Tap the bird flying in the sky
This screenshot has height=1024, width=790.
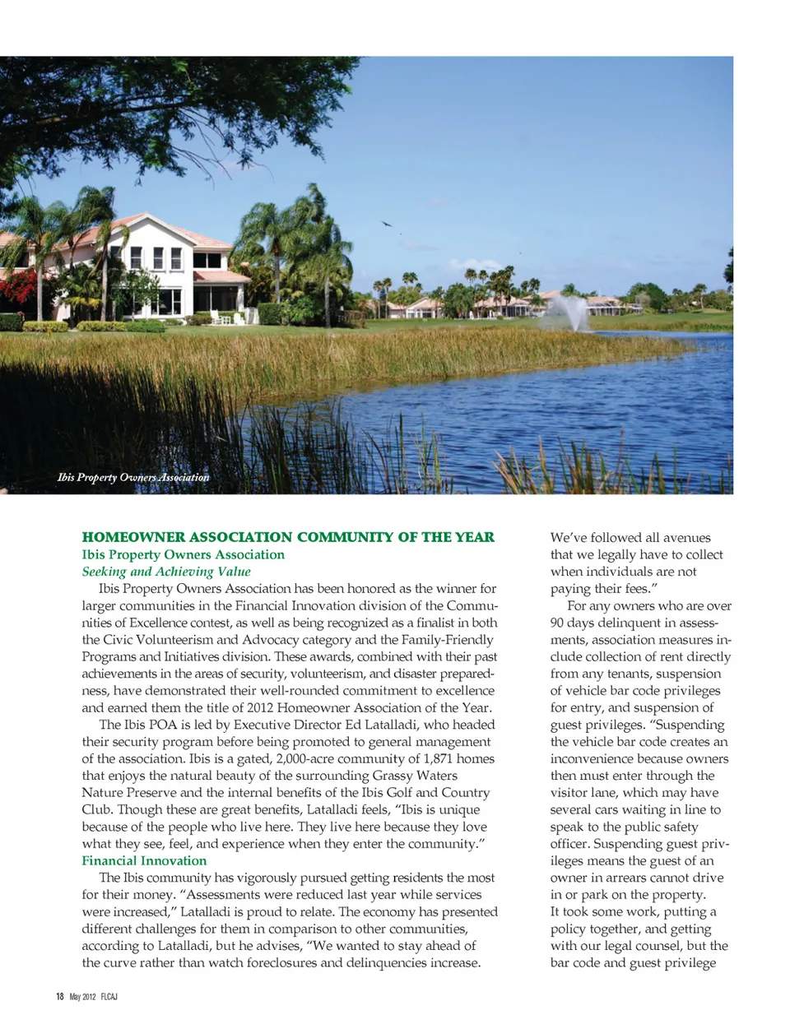coord(386,223)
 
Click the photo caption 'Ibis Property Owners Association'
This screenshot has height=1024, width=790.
coord(133,477)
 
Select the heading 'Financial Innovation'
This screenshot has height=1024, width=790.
coord(144,860)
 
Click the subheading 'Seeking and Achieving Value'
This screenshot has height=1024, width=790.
coord(166,572)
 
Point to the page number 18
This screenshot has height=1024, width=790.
coord(59,997)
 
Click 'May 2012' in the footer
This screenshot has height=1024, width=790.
coord(83,997)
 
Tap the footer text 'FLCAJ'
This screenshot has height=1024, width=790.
coord(109,997)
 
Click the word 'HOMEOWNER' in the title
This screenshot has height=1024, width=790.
coord(133,537)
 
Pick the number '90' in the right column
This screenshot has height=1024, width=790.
coord(559,623)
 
